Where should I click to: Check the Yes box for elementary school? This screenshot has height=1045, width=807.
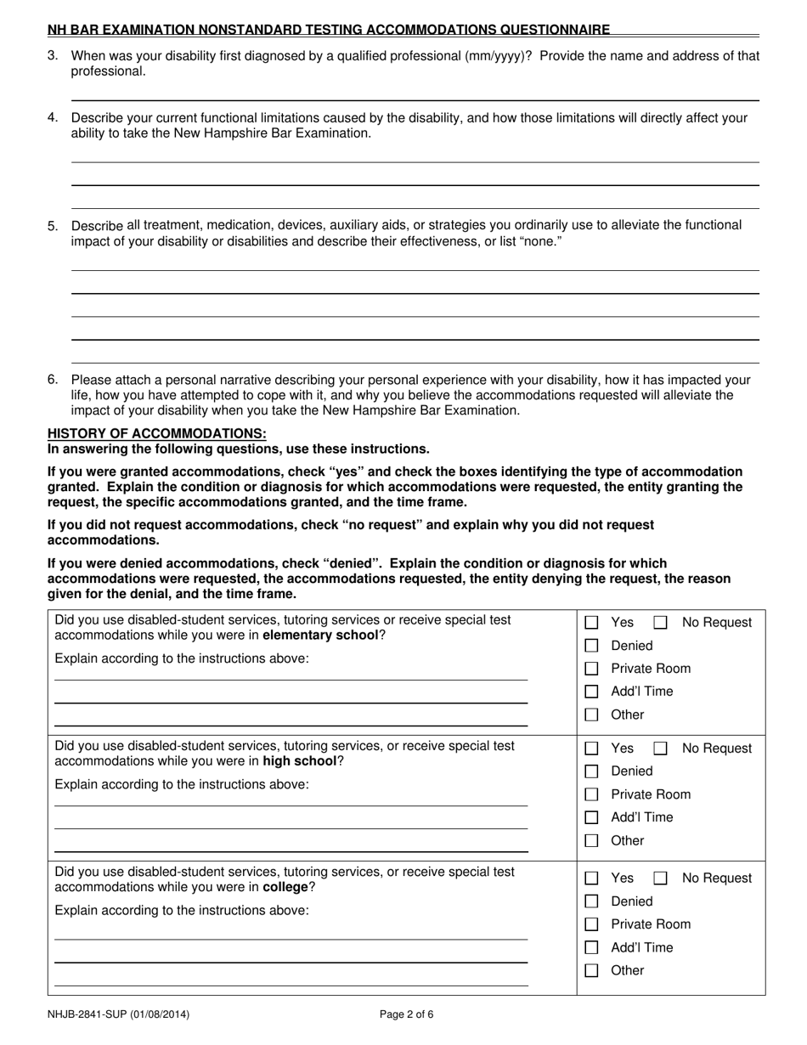(592, 623)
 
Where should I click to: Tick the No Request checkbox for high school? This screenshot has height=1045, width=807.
(660, 748)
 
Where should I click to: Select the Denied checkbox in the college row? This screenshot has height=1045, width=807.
(592, 901)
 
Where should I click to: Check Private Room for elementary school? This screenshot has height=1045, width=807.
(592, 669)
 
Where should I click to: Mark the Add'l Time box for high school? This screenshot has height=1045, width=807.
(592, 817)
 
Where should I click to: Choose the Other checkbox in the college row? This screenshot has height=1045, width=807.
(592, 970)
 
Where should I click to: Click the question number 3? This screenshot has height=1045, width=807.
(53, 56)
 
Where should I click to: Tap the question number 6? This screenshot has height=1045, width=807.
(53, 380)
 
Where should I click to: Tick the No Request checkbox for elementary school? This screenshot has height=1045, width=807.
(660, 623)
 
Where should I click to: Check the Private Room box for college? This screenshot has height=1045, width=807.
(592, 924)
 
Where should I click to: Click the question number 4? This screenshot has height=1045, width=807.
(53, 118)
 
